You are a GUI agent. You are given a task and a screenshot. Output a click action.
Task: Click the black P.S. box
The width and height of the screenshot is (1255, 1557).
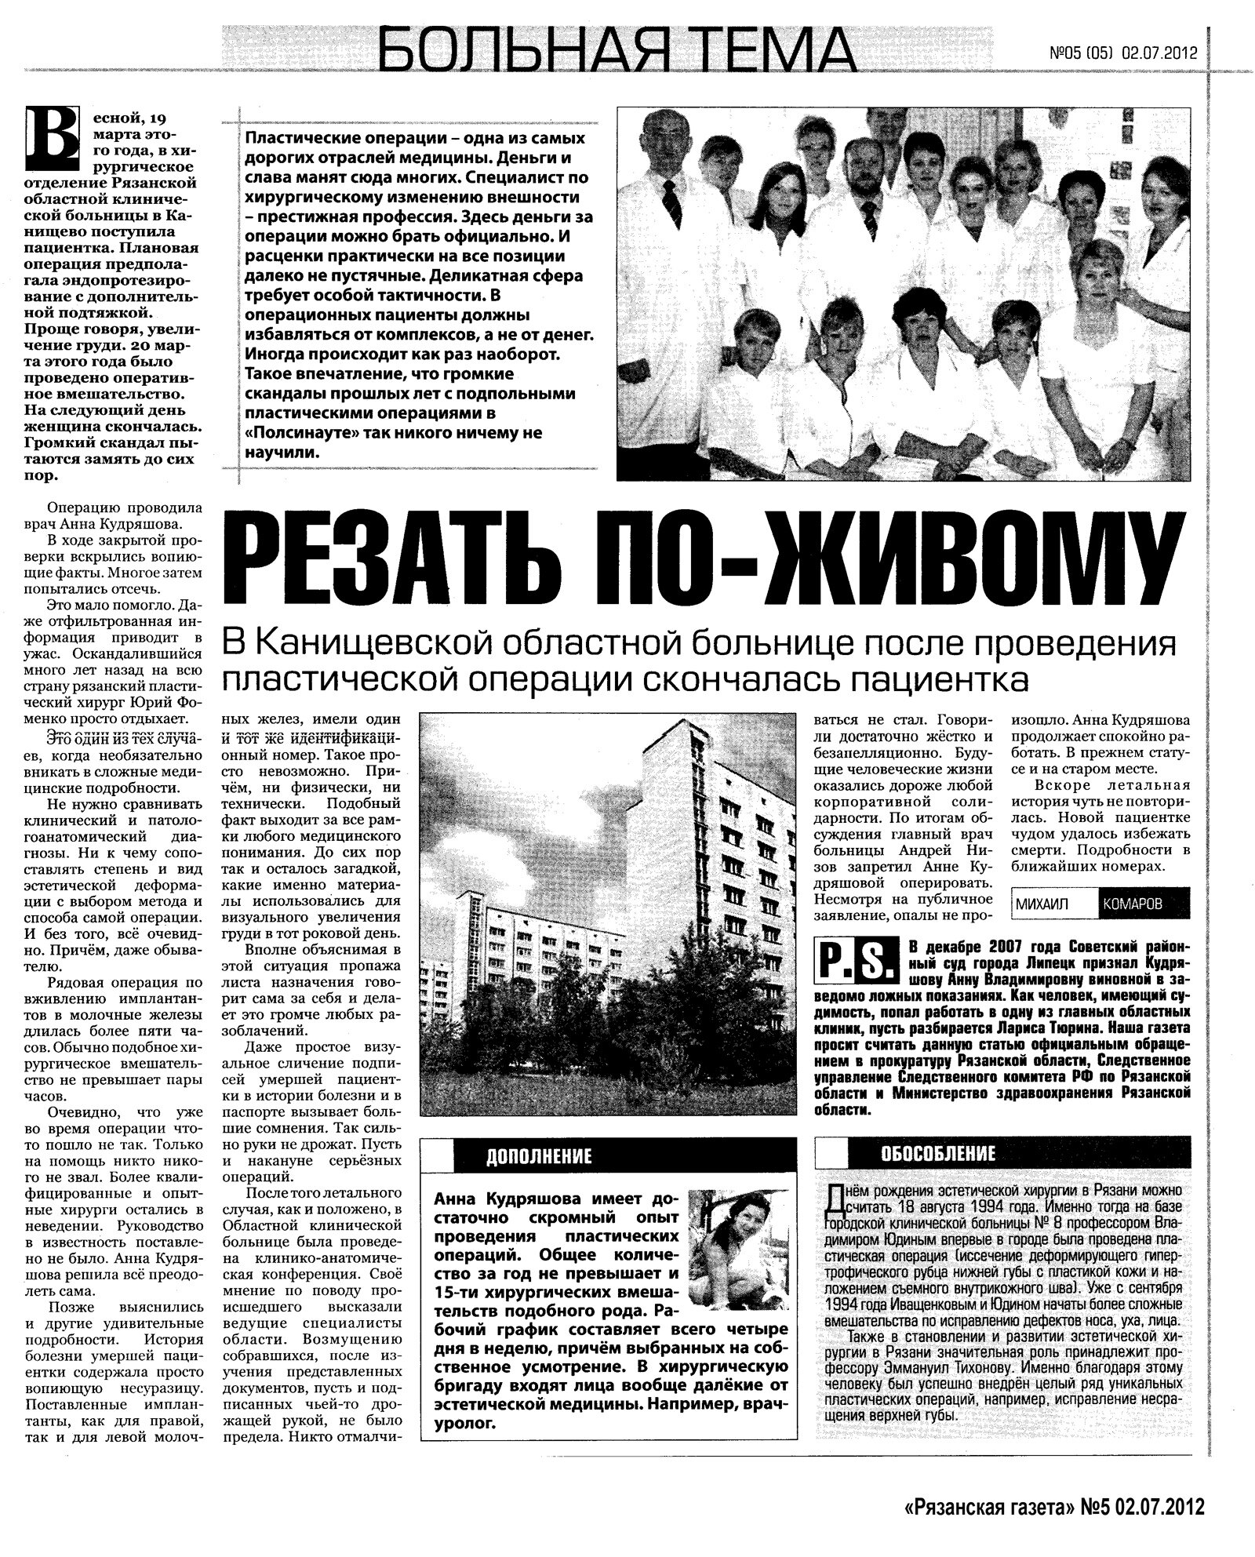coord(857,959)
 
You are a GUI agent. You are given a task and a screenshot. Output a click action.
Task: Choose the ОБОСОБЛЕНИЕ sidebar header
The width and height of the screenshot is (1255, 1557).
coord(937,1152)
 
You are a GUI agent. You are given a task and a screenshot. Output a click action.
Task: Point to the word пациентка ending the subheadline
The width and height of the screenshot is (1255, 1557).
coord(933,681)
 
